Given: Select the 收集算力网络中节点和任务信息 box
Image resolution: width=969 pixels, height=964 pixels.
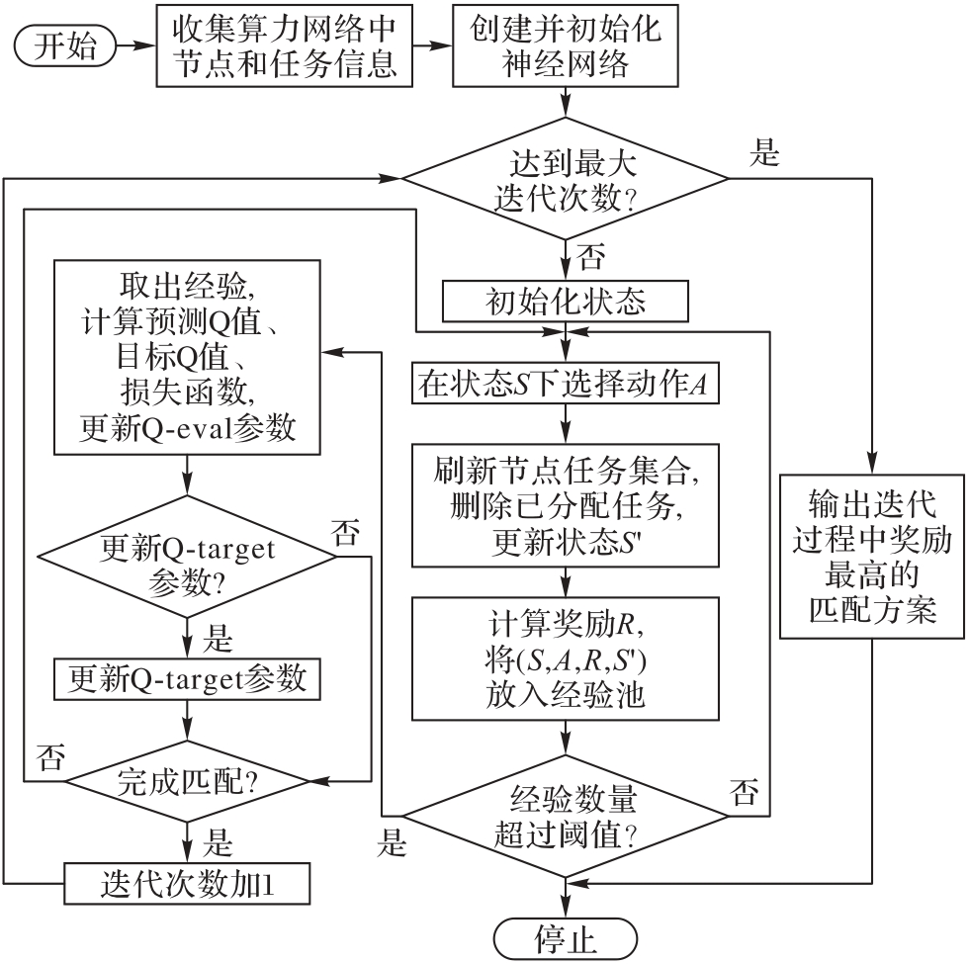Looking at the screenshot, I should (285, 46).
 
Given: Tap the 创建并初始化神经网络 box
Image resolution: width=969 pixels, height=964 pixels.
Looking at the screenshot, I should (566, 46).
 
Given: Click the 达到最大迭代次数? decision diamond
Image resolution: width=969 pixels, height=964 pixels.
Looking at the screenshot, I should (566, 179).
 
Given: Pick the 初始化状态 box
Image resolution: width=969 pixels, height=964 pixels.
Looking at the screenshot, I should (566, 301).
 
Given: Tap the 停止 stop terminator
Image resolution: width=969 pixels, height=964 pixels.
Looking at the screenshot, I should (566, 936).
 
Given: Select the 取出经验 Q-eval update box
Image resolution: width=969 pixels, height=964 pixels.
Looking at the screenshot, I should (186, 357).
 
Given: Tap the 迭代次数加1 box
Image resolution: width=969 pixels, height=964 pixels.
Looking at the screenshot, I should (186, 882).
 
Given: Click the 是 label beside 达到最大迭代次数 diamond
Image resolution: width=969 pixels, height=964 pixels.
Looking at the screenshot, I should (766, 155).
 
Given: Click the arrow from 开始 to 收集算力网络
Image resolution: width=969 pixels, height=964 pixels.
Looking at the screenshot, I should (135, 46).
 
